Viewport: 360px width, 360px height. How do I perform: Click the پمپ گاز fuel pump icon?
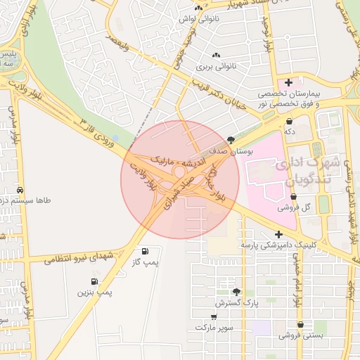145,251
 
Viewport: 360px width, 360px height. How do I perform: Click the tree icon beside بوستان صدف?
231,141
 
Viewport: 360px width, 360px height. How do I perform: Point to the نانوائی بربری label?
214,67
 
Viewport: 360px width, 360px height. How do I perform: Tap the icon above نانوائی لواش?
200,9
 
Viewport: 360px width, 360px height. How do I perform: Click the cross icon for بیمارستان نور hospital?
288,83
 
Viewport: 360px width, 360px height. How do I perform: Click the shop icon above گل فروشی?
293,197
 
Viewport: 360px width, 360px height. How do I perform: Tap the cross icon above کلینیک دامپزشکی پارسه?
279,234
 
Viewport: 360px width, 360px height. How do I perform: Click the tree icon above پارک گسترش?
236,291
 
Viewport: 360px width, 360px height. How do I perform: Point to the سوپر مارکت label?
214,328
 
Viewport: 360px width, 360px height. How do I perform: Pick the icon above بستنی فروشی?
301,325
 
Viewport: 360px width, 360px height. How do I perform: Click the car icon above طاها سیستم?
20,191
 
